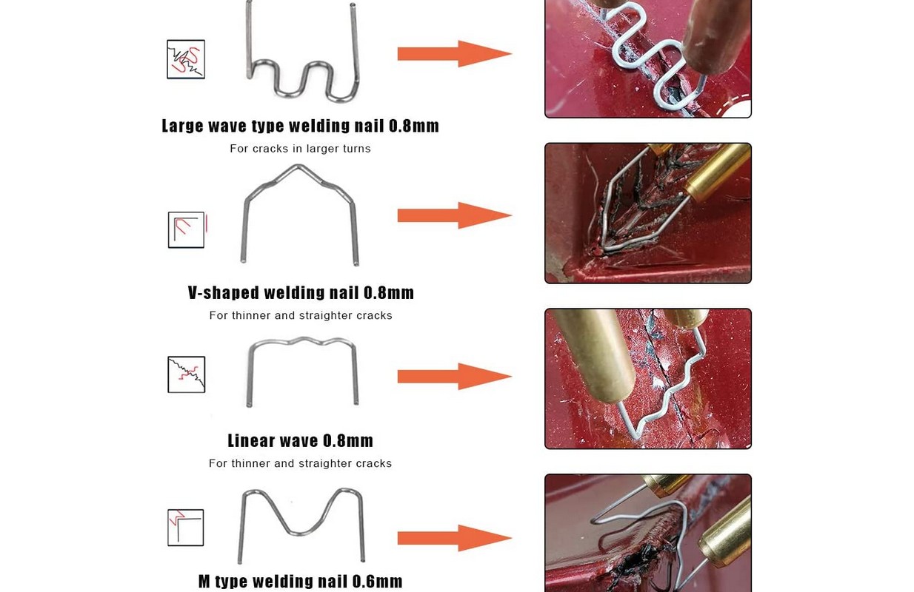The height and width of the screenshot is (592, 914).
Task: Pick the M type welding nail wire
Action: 301,531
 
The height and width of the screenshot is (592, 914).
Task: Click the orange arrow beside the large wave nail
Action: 455,53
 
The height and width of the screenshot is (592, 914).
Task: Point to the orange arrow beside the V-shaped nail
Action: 455,215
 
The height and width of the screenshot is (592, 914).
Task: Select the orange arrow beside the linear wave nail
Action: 455,377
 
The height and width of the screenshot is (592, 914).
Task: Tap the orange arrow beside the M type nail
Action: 455,538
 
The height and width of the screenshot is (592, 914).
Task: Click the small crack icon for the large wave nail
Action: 186,59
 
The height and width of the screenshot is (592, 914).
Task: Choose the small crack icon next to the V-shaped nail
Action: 187,229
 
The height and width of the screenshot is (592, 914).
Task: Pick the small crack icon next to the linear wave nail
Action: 187,374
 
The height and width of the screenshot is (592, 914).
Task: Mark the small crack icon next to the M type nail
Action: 186,527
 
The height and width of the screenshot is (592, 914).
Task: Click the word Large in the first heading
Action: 182,126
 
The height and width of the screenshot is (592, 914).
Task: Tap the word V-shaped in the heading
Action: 224,292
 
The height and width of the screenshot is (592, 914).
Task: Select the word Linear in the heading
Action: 250,441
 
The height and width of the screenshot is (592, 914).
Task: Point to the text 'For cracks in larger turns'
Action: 300,149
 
